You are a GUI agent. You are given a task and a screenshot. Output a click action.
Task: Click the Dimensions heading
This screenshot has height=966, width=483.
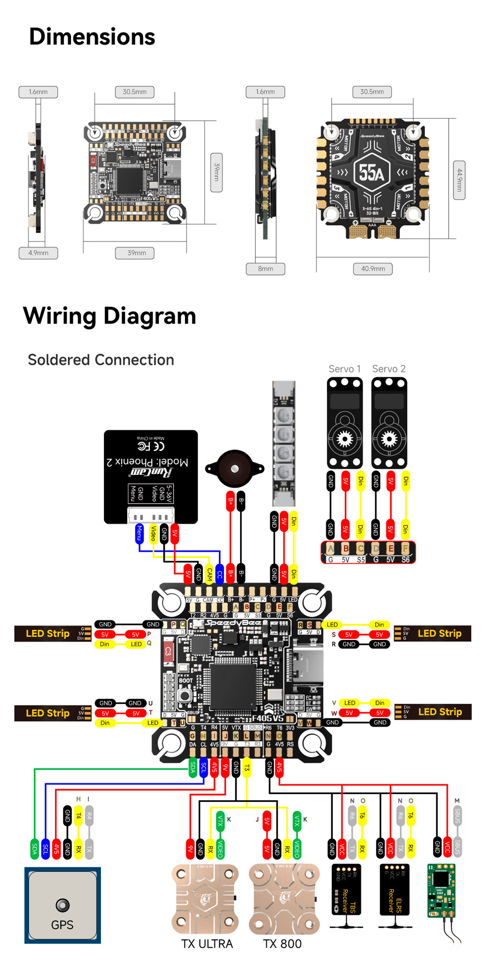(x=92, y=37)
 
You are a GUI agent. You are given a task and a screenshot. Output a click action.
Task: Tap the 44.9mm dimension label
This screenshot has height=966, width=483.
(x=459, y=180)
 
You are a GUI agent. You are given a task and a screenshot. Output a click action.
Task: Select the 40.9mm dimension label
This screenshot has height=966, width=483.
(x=373, y=269)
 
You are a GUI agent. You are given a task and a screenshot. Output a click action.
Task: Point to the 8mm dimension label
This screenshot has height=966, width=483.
(x=265, y=269)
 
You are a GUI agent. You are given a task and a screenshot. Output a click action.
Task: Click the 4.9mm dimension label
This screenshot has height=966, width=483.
(x=38, y=253)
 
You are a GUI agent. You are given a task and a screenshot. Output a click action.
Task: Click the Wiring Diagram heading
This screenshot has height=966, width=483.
(x=110, y=316)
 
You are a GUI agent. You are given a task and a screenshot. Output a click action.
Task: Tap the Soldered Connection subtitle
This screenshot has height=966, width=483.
(x=101, y=360)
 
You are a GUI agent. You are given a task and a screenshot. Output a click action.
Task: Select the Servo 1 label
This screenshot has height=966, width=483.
(x=344, y=369)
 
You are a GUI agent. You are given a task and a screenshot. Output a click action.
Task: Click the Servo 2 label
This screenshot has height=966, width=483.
(x=389, y=369)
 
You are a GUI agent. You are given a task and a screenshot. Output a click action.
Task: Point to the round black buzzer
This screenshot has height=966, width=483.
(x=235, y=469)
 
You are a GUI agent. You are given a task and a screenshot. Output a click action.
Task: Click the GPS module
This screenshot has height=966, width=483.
(x=63, y=905)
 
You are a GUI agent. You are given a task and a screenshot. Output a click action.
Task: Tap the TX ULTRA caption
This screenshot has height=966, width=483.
(x=207, y=944)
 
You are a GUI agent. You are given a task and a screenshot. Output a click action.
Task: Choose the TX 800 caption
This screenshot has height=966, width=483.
(x=282, y=944)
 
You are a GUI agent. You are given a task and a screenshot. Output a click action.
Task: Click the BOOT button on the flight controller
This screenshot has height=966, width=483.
(x=185, y=695)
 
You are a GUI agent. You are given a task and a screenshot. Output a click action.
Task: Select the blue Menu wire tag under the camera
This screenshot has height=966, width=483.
(x=139, y=533)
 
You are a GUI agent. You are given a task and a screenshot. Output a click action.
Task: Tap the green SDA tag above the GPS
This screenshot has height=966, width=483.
(x=34, y=848)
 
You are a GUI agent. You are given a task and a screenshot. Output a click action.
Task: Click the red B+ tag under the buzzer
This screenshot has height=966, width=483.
(x=230, y=501)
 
